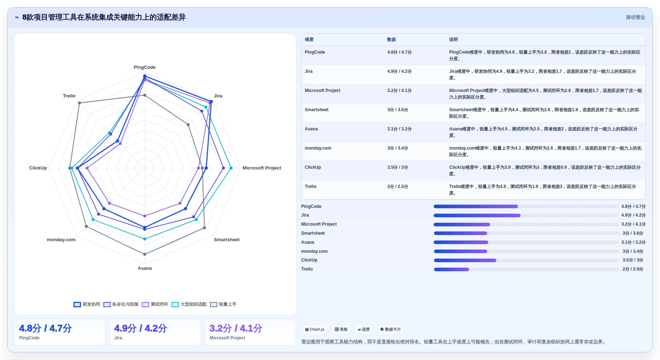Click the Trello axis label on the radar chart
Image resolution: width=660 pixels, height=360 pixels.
click(69, 96)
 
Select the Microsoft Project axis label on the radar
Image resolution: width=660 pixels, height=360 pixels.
click(262, 168)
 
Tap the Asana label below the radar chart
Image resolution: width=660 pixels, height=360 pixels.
click(145, 268)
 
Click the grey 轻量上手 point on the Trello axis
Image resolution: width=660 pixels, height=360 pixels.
click(79, 103)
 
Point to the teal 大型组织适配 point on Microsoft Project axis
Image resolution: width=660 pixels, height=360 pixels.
click(231, 168)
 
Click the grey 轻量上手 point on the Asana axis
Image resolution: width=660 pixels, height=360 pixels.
click(145, 254)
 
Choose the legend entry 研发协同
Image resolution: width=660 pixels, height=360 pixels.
click(87, 304)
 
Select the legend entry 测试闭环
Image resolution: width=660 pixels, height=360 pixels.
click(155, 304)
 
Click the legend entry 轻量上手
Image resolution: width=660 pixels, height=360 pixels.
click(223, 304)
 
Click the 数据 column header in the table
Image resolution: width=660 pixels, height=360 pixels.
click(392, 39)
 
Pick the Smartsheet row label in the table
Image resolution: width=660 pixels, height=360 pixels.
click(317, 110)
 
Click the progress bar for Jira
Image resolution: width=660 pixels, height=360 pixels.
click(526, 215)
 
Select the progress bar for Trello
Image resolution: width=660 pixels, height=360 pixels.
click(527, 269)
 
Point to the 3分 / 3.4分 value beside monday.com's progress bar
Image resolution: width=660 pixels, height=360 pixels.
click(633, 251)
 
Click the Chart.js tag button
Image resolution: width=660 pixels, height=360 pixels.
click(315, 330)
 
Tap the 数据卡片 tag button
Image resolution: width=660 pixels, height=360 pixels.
click(390, 330)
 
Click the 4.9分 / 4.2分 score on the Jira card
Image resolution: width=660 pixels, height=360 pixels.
click(141, 328)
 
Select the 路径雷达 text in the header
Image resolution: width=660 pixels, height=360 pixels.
click(635, 17)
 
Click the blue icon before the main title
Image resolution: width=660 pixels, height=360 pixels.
click(17, 17)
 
